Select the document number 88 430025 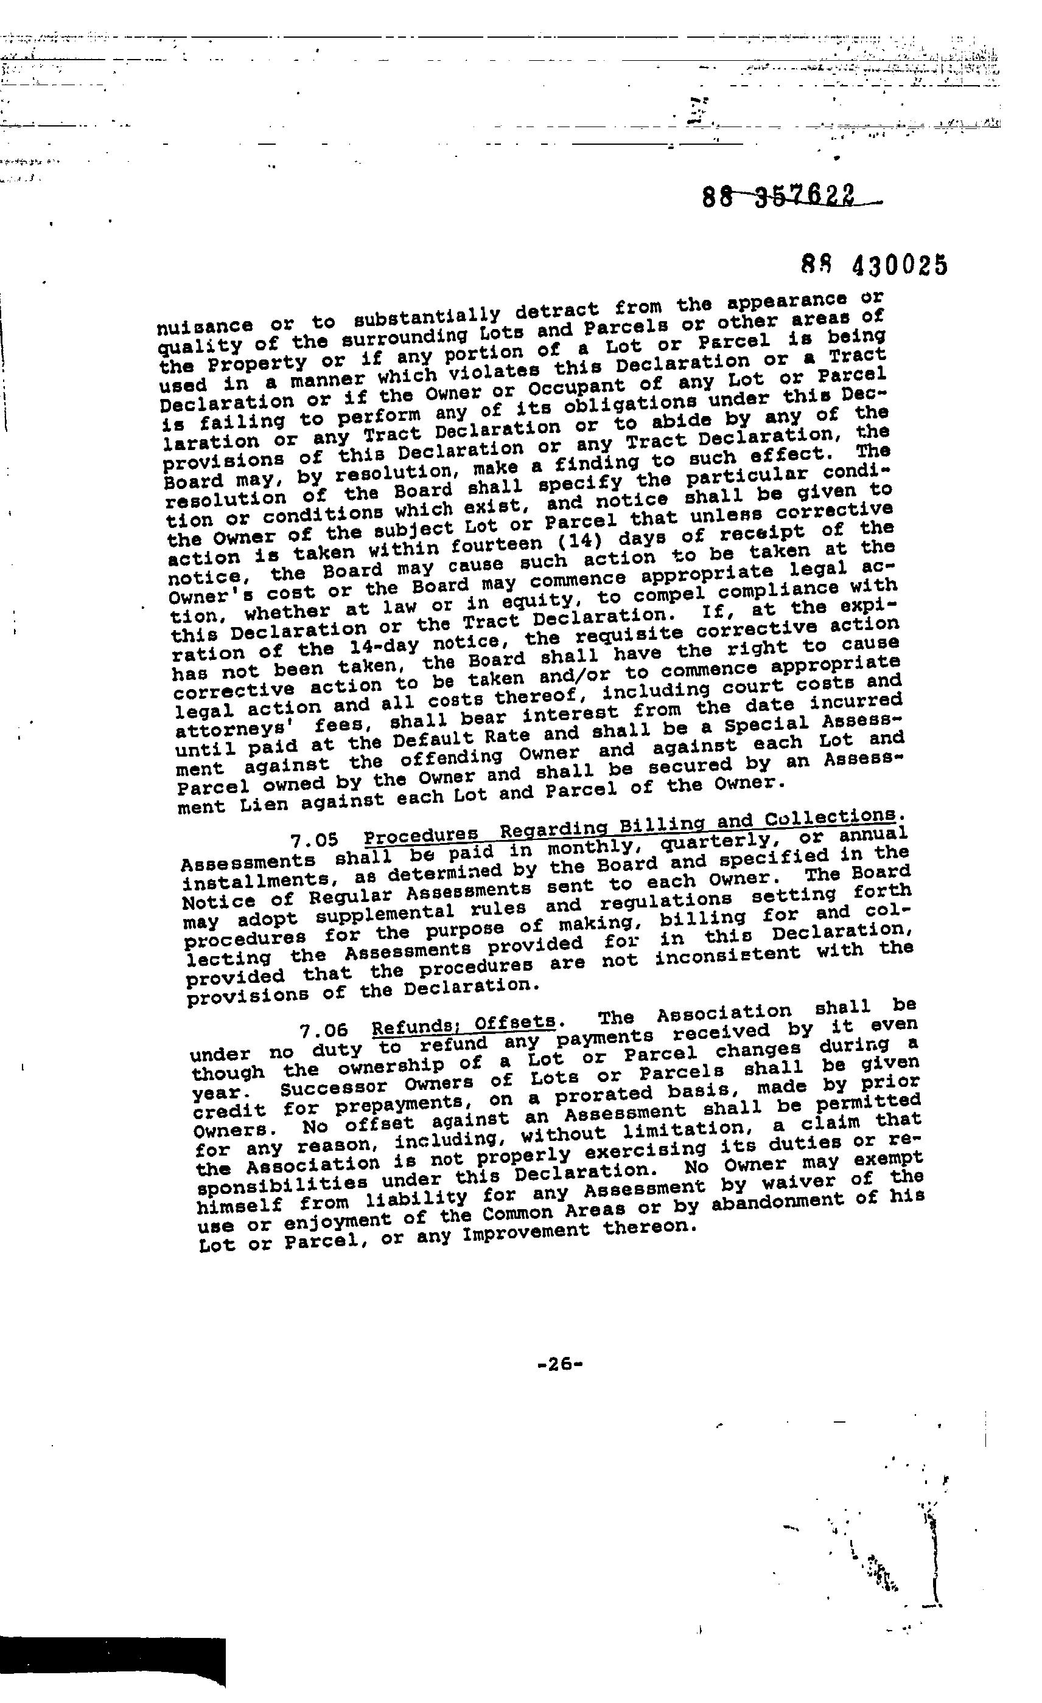pyautogui.click(x=874, y=265)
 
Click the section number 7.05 pyautogui.click(x=315, y=841)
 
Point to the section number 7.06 pyautogui.click(x=324, y=1030)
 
